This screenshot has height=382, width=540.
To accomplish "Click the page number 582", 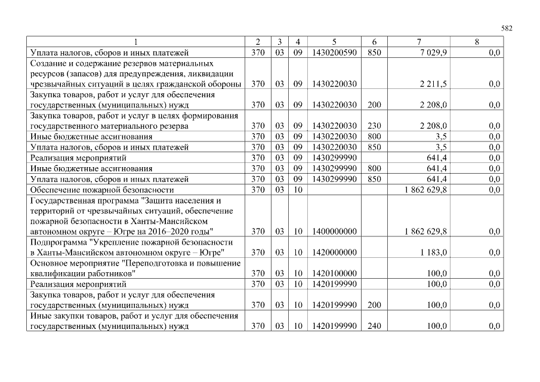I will pyautogui.click(x=507, y=28).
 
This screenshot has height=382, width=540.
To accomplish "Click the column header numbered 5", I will pyautogui.click(x=334, y=42).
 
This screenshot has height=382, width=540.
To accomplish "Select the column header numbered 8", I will pyautogui.click(x=476, y=42).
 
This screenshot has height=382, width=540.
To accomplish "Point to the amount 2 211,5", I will pyautogui.click(x=434, y=84).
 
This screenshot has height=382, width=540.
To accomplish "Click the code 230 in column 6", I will pyautogui.click(x=374, y=126).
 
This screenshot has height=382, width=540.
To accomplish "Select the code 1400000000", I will pyautogui.click(x=334, y=231).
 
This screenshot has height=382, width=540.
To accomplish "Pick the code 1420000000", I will pyautogui.click(x=334, y=252).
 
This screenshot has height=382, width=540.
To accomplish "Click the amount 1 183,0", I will pyautogui.click(x=435, y=252).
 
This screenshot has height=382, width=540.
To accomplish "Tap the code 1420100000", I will pyautogui.click(x=334, y=273).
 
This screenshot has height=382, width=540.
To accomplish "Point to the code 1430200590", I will pyautogui.click(x=334, y=53).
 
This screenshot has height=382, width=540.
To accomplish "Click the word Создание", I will pyautogui.click(x=48, y=63).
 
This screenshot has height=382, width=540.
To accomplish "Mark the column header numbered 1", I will pyautogui.click(x=136, y=42).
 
